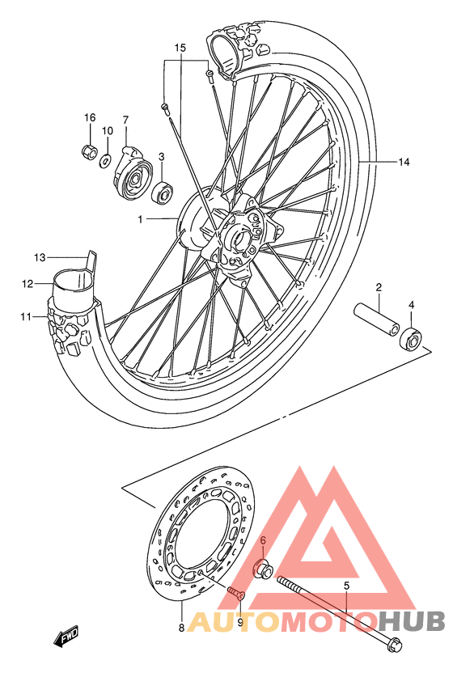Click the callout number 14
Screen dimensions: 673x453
click(403, 162)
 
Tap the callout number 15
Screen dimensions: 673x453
click(180, 48)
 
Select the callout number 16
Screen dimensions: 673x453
click(90, 118)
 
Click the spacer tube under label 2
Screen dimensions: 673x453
click(378, 319)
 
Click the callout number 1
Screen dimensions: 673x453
click(139, 219)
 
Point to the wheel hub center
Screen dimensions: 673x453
click(239, 236)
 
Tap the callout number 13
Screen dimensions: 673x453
click(39, 258)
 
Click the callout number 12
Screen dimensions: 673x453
click(28, 284)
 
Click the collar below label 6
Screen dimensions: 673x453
click(263, 569)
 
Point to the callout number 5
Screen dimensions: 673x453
click(346, 585)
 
